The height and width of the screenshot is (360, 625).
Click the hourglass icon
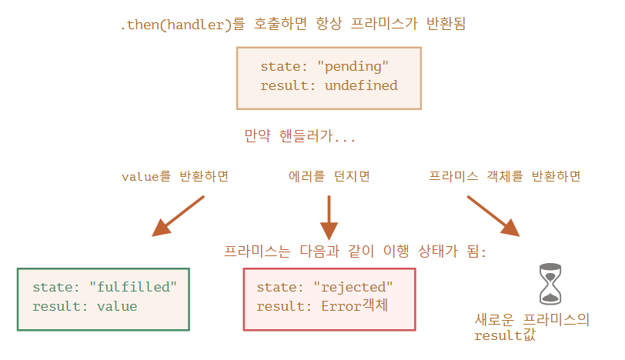point(550,284)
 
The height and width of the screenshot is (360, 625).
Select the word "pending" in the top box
point(353,66)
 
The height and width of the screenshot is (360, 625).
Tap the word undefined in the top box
point(361,85)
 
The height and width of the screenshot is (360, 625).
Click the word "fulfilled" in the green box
point(133,287)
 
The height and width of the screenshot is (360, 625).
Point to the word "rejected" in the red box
point(353,287)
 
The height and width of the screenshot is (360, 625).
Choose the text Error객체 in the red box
point(354,306)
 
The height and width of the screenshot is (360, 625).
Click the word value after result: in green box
point(117,306)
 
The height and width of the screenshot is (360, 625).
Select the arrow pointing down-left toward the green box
point(178,216)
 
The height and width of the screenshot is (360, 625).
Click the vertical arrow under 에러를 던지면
point(329,218)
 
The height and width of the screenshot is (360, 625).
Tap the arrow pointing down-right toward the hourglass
point(493,216)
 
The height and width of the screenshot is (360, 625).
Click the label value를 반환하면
point(175,176)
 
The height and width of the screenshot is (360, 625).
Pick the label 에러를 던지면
point(329,176)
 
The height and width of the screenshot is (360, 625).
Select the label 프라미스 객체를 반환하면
point(505,176)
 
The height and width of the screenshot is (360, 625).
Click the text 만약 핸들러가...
point(289,136)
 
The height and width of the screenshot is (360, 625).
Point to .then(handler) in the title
point(176,25)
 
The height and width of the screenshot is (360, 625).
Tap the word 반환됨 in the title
point(446,24)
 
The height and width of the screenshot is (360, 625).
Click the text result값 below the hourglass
point(505,335)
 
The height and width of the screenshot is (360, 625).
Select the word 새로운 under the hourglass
point(494,319)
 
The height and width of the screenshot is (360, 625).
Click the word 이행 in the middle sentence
point(396,252)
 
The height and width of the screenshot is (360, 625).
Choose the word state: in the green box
point(56,287)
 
